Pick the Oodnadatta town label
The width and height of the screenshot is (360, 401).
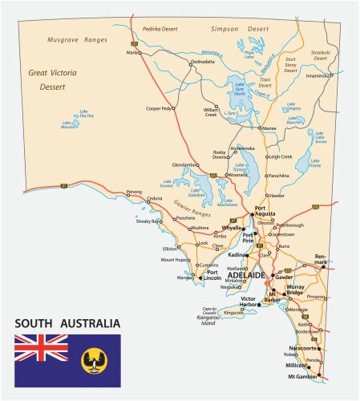202,62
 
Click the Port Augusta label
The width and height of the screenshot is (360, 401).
265,212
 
